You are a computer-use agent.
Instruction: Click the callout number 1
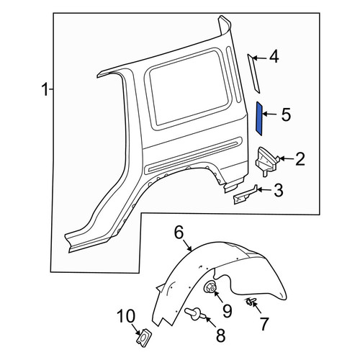[x=45, y=89]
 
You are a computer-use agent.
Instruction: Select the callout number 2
[x=300, y=158]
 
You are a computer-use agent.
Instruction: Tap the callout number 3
[x=279, y=190]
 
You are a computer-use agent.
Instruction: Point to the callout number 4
[x=274, y=57]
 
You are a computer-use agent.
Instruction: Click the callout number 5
[x=286, y=114]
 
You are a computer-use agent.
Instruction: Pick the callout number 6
[x=179, y=233]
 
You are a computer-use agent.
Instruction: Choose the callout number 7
[x=264, y=323]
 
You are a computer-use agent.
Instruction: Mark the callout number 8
[x=220, y=335]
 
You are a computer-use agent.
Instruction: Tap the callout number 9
[x=227, y=311]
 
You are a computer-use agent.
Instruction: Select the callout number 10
[x=126, y=316]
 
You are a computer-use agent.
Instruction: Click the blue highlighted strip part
[x=259, y=118]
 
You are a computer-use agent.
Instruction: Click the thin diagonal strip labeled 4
[x=254, y=73]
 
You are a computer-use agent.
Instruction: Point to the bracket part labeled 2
[x=267, y=162]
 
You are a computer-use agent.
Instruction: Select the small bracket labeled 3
[x=246, y=195]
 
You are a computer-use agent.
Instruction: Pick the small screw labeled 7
[x=251, y=302]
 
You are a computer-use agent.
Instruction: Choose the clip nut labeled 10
[x=144, y=336]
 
